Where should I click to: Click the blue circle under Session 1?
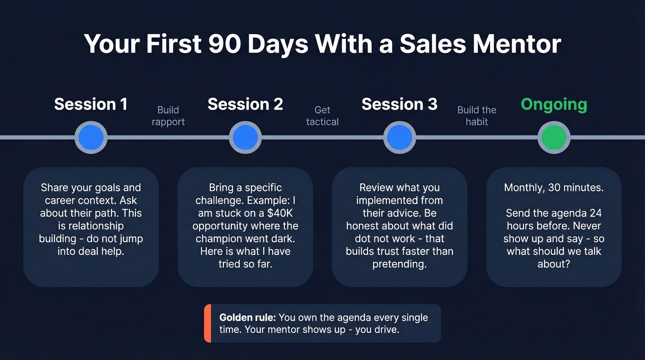point(91,137)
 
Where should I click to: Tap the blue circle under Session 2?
point(245,137)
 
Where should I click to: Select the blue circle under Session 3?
point(399,137)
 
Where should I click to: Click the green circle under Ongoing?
point(554,137)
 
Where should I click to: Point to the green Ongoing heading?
point(554,105)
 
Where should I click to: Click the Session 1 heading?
point(91,104)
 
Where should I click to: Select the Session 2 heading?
point(245,104)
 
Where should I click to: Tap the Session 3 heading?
point(399,104)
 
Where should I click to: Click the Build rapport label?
point(168,116)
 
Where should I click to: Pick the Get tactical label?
point(322,116)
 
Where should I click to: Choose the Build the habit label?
point(477,116)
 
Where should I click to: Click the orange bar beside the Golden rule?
point(207,323)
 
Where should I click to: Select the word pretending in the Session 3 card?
point(399,264)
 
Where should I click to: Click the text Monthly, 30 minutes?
point(554,188)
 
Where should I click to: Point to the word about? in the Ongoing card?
point(554,264)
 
